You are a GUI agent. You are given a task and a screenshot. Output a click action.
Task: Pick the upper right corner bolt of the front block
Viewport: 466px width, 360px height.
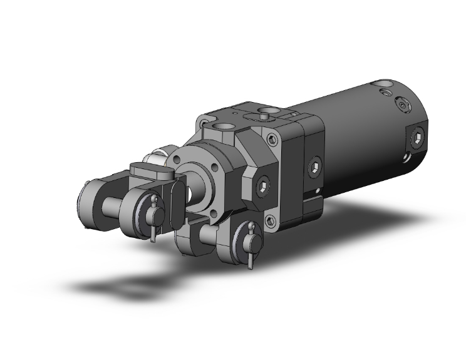point(271,139)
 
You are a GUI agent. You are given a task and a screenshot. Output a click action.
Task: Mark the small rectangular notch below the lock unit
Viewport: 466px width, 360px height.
point(312,201)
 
